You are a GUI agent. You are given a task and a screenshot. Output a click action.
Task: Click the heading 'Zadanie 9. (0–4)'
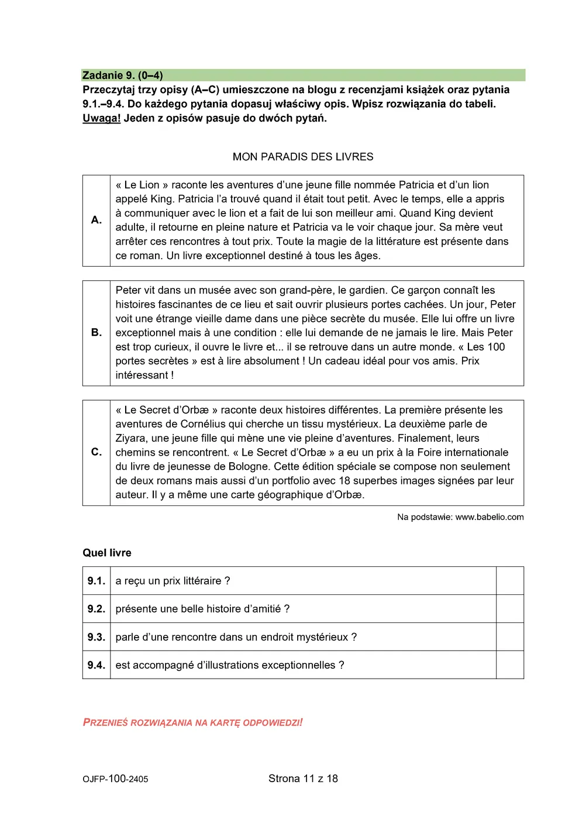pyautogui.click(x=123, y=75)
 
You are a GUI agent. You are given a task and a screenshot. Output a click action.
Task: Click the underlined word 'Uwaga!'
pyautogui.click(x=102, y=118)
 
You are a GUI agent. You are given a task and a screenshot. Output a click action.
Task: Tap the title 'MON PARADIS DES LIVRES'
pyautogui.click(x=302, y=157)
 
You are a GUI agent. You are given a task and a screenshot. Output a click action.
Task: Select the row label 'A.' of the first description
pyautogui.click(x=96, y=220)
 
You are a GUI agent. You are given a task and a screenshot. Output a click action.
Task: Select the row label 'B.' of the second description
pyautogui.click(x=96, y=333)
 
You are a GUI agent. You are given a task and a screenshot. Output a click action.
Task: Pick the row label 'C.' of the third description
pyautogui.click(x=96, y=452)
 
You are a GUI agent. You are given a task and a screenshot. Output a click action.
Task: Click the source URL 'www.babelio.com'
pyautogui.click(x=490, y=517)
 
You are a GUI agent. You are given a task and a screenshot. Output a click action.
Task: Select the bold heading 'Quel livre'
pyautogui.click(x=107, y=553)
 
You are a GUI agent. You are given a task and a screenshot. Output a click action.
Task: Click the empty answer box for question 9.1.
pyautogui.click(x=509, y=581)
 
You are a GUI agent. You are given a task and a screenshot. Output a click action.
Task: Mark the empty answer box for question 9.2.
pyautogui.click(x=509, y=609)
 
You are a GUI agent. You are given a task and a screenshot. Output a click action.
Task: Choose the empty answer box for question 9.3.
pyautogui.click(x=509, y=637)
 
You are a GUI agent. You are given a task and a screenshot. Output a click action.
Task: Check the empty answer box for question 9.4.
pyautogui.click(x=509, y=665)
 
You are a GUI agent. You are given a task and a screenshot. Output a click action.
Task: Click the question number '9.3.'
pyautogui.click(x=96, y=637)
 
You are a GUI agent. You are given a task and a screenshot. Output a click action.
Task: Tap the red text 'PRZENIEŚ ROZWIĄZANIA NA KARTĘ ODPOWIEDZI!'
pyautogui.click(x=193, y=722)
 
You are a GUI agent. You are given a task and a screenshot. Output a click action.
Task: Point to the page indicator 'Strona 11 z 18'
pyautogui.click(x=303, y=779)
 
